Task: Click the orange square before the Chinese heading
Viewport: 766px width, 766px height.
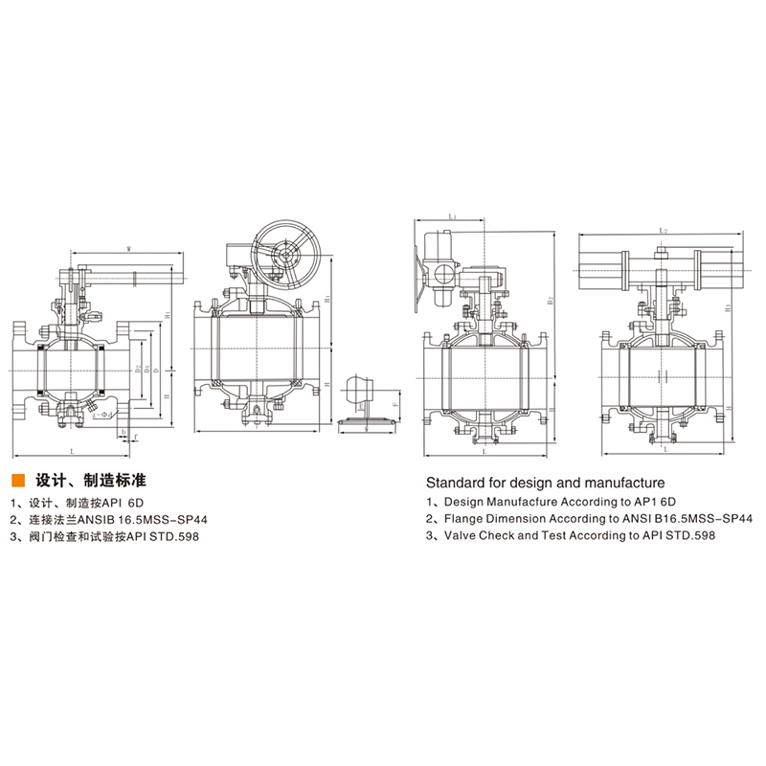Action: (16, 478)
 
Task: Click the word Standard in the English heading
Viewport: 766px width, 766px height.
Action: (452, 481)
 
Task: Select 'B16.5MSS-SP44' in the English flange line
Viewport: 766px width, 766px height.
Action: (700, 518)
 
